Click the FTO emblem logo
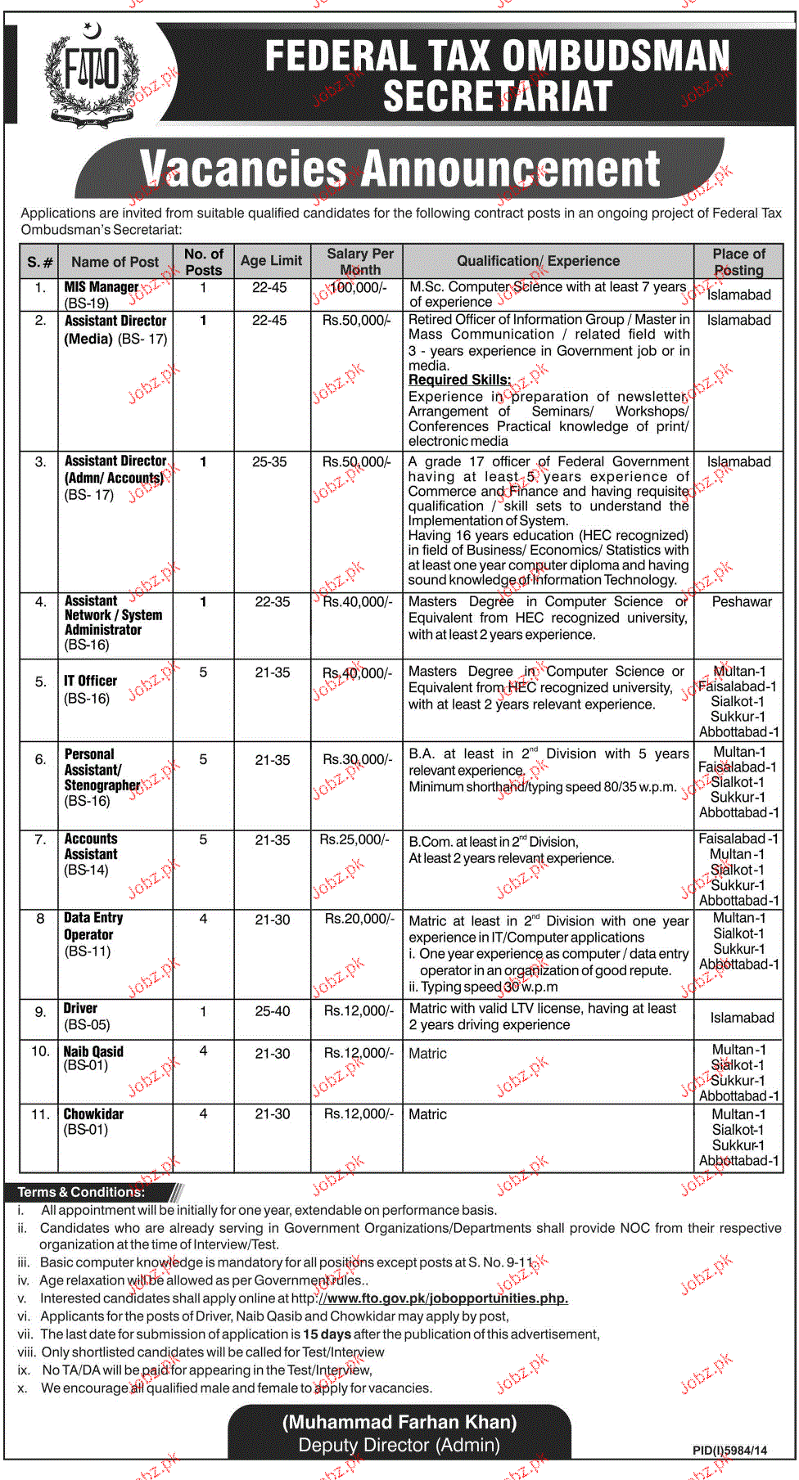(92, 72)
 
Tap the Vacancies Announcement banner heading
(399, 169)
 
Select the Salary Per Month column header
(359, 262)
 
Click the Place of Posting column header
(738, 262)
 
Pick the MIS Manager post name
(102, 287)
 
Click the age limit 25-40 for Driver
(272, 1011)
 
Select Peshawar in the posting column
(742, 601)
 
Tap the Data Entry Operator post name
(93, 926)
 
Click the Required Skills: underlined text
(459, 380)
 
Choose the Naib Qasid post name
(93, 1051)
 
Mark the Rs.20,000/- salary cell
(359, 919)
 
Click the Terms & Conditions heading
(81, 1192)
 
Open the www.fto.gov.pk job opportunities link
(442, 1298)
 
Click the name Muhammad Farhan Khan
(399, 1422)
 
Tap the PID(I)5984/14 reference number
(729, 1451)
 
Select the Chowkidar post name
(93, 1114)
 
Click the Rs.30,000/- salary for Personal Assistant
(358, 759)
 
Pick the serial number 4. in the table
(40, 602)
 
